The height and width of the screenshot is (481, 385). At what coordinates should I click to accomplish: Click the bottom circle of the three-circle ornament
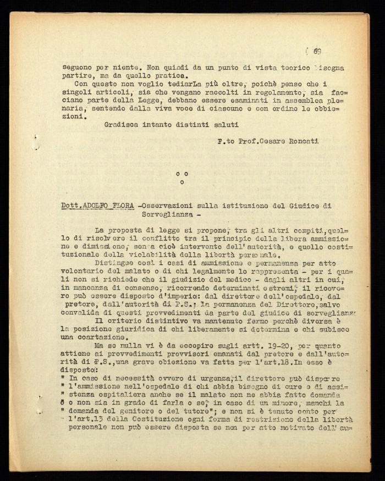coord(182,181)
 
